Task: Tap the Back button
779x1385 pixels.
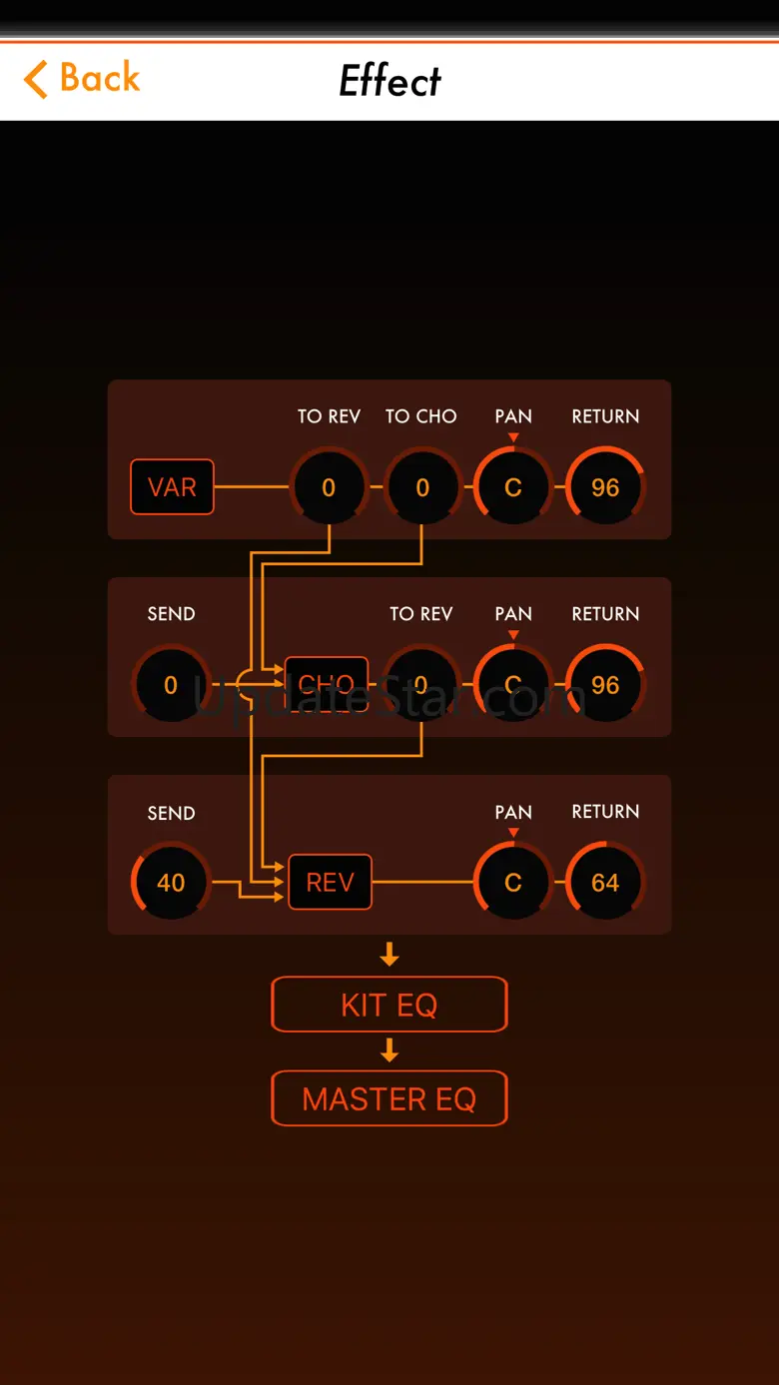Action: coord(83,79)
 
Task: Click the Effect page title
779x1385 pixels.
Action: coord(389,81)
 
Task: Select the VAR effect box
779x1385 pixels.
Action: coord(172,487)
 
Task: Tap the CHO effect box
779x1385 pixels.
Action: coord(327,684)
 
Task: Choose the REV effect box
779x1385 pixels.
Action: coord(330,883)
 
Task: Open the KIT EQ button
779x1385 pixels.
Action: coord(389,1005)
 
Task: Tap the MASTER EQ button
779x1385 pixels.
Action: coord(389,1099)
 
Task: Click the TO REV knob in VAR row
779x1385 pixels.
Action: coord(329,487)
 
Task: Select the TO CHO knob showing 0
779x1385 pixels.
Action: coord(421,487)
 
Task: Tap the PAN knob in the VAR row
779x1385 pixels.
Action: coord(513,487)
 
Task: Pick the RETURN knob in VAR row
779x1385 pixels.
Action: coord(605,487)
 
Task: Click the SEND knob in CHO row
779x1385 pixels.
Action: coord(171,685)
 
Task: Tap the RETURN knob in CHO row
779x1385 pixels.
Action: coord(605,685)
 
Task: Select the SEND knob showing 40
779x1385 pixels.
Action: coord(171,883)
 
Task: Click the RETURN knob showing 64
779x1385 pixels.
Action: coord(605,883)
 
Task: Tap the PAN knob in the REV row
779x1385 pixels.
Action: coord(513,883)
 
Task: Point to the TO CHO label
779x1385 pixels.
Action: coord(421,416)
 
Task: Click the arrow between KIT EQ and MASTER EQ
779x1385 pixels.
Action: coord(389,1051)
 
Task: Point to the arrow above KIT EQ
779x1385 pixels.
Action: coord(389,956)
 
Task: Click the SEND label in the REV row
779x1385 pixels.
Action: coord(171,813)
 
